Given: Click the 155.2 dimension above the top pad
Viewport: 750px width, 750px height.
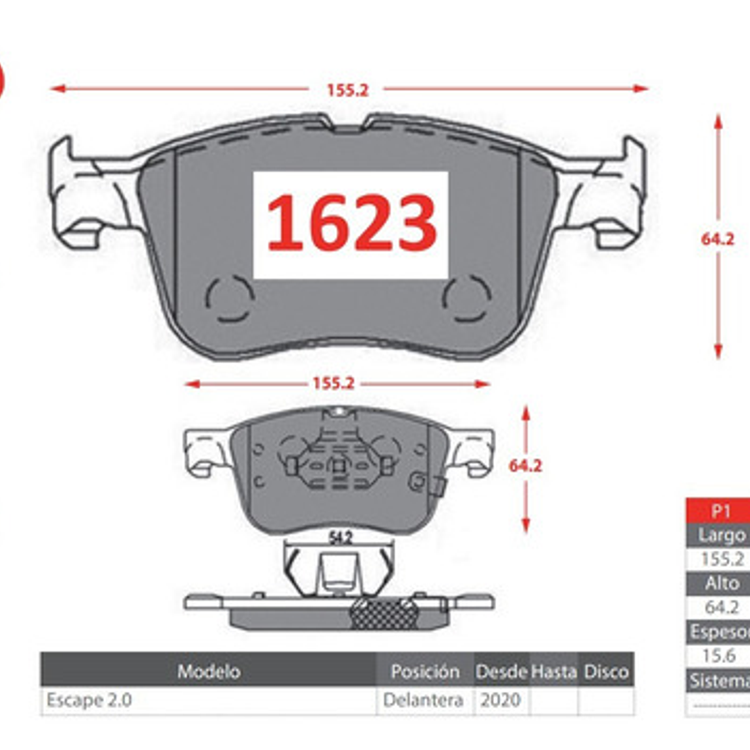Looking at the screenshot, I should point(347,90).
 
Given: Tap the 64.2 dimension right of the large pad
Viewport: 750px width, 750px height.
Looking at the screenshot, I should point(717,239).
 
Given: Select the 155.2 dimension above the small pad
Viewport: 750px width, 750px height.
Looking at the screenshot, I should point(333,383).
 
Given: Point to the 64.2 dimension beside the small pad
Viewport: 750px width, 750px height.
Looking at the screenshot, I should point(525,466).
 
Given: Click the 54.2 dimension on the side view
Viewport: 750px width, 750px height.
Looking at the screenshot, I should point(339,537).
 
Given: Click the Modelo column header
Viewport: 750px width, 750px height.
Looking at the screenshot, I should point(209,671).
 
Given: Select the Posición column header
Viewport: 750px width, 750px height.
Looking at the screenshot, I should point(424,671).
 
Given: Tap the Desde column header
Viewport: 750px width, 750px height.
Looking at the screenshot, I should point(501,671).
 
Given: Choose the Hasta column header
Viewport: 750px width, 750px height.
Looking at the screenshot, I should point(553,671).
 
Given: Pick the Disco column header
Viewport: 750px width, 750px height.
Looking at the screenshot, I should point(606,671).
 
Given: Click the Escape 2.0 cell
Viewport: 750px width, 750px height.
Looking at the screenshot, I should point(89,700).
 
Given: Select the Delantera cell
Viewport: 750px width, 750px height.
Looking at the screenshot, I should point(423,700).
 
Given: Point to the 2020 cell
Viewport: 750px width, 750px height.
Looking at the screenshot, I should point(500,700).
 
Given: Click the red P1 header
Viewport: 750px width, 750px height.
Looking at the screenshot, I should point(721,511).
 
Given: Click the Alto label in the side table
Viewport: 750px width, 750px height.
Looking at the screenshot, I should point(722,583).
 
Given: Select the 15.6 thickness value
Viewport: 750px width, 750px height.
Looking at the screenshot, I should point(718,655).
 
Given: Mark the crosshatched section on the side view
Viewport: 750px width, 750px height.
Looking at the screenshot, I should point(383,614).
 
